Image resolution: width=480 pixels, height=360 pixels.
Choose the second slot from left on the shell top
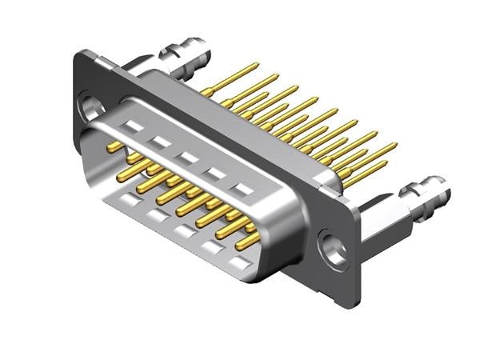click(161, 142)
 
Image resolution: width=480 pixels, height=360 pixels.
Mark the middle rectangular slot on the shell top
click(188, 158)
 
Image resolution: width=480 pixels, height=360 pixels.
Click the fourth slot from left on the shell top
click(215, 173)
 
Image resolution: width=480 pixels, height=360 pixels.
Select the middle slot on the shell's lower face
click(186, 232)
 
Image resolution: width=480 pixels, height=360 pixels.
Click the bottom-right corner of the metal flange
click(352, 302)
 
